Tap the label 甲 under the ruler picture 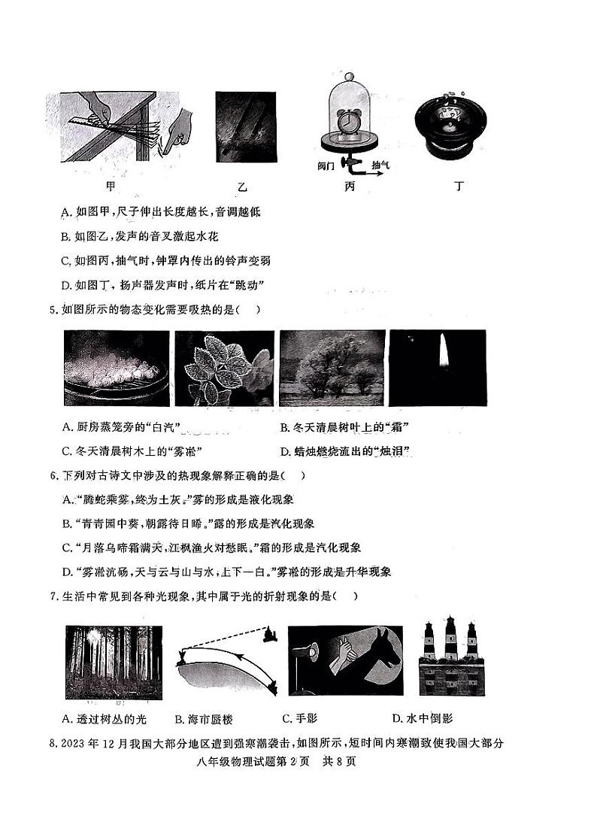(114, 185)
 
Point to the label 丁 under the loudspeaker (459, 185)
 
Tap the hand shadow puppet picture (345, 660)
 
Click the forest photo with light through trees (114, 661)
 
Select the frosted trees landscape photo (329, 369)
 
